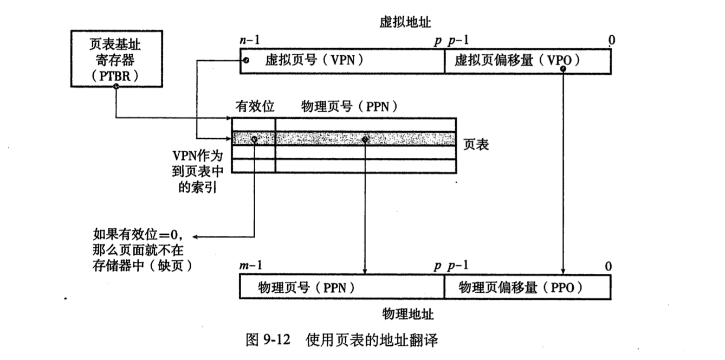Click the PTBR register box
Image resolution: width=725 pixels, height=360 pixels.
tap(115, 58)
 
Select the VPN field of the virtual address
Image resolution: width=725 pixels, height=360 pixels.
tap(341, 60)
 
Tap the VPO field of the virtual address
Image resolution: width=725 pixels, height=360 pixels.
tap(527, 60)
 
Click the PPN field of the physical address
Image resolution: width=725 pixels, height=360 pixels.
tap(341, 287)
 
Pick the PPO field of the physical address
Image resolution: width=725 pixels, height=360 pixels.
tap(527, 287)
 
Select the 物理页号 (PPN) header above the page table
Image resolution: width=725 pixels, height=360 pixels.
tap(350, 106)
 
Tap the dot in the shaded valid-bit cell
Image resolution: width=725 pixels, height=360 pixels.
tap(255, 139)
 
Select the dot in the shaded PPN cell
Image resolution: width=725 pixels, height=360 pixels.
tap(365, 139)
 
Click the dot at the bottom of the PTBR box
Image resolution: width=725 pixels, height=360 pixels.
tap(115, 87)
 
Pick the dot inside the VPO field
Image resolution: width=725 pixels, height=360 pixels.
tap(564, 69)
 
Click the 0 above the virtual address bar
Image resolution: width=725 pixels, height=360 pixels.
tap(611, 40)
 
